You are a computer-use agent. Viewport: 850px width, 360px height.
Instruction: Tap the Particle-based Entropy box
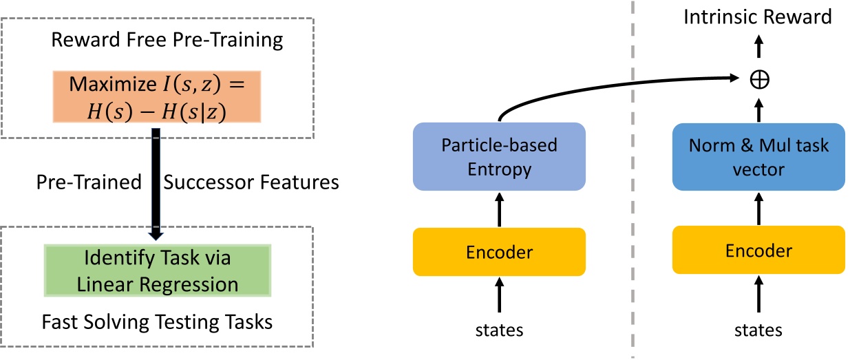point(499,156)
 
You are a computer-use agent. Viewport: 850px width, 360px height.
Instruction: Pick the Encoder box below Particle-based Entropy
point(499,252)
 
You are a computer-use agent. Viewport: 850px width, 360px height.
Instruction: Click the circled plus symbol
point(759,79)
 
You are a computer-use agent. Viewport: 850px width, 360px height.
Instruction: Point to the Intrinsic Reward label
point(758,17)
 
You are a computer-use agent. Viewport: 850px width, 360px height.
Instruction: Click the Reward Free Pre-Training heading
point(167,40)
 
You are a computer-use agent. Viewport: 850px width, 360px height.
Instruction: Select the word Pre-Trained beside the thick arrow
point(88,182)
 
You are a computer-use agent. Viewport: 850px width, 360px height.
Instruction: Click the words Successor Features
point(251,182)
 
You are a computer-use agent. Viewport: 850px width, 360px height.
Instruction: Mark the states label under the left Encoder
point(499,330)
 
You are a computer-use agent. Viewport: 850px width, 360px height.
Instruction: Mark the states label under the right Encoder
point(758,330)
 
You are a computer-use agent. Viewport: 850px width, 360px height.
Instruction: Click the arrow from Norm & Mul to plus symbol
point(759,109)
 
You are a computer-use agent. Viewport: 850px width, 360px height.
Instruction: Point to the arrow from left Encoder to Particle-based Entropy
point(499,209)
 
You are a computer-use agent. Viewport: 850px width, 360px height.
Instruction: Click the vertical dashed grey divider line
point(633,207)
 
